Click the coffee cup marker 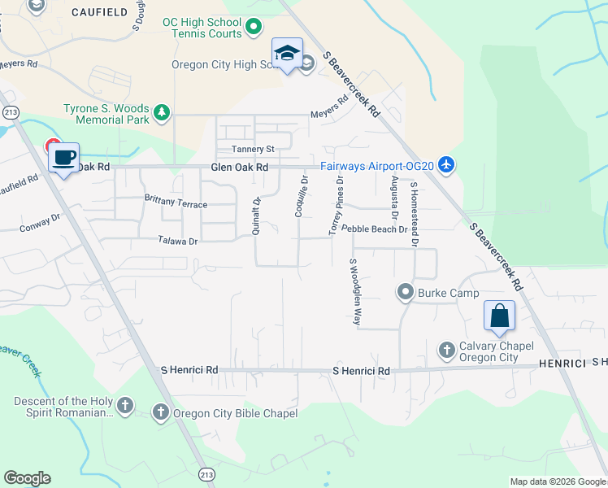click(x=63, y=156)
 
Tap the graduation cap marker click(x=287, y=54)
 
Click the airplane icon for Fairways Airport click(x=445, y=165)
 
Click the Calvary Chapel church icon click(x=446, y=351)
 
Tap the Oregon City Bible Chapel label click(x=235, y=413)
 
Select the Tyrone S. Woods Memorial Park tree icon click(x=163, y=111)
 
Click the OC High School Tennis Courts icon click(x=254, y=28)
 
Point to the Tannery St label click(x=254, y=149)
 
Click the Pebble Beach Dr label click(x=374, y=230)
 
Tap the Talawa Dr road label click(x=178, y=241)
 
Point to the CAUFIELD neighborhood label click(x=99, y=11)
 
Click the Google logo click(x=27, y=478)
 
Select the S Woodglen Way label click(x=354, y=292)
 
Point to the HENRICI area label click(x=561, y=363)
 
